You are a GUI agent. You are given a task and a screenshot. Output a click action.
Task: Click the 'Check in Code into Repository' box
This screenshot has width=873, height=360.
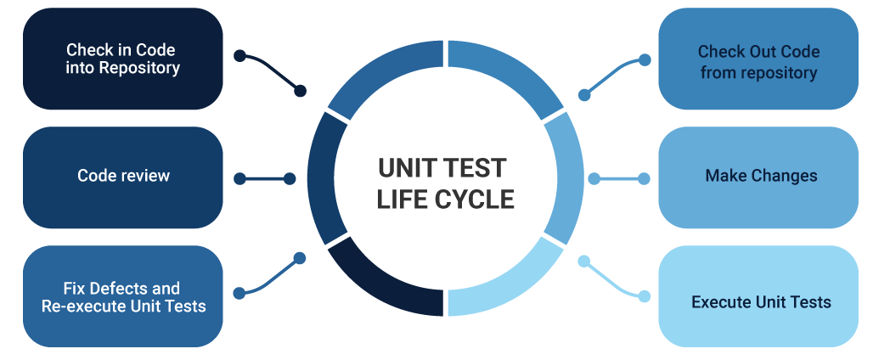click(x=123, y=59)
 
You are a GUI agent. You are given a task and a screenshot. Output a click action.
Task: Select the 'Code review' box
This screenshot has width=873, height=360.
click(x=123, y=177)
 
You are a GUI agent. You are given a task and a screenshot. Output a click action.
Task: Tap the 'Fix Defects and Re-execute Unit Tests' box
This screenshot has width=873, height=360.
click(x=123, y=296)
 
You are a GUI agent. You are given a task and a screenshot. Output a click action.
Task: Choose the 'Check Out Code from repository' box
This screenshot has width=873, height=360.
click(x=758, y=59)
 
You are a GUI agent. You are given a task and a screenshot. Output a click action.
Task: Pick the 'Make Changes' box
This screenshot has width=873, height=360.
click(x=758, y=177)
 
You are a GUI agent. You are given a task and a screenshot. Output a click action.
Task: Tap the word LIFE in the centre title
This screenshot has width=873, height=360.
click(x=402, y=200)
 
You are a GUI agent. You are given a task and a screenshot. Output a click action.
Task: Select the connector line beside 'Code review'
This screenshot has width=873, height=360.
click(x=264, y=179)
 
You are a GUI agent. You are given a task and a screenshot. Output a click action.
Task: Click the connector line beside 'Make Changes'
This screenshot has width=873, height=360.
click(x=619, y=179)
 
